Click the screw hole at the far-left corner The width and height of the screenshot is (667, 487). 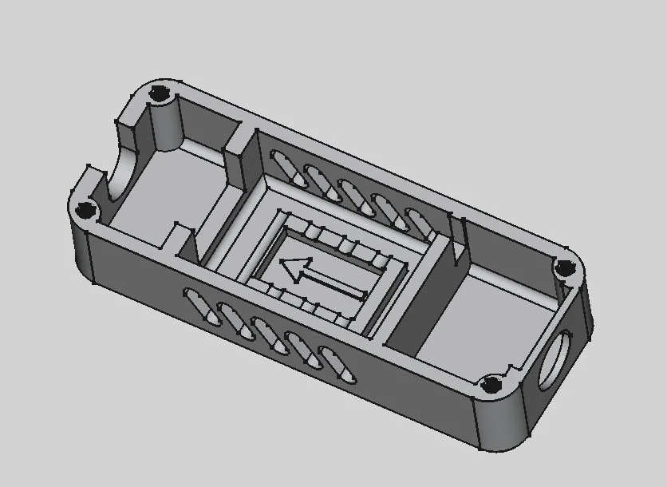[x=84, y=211]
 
